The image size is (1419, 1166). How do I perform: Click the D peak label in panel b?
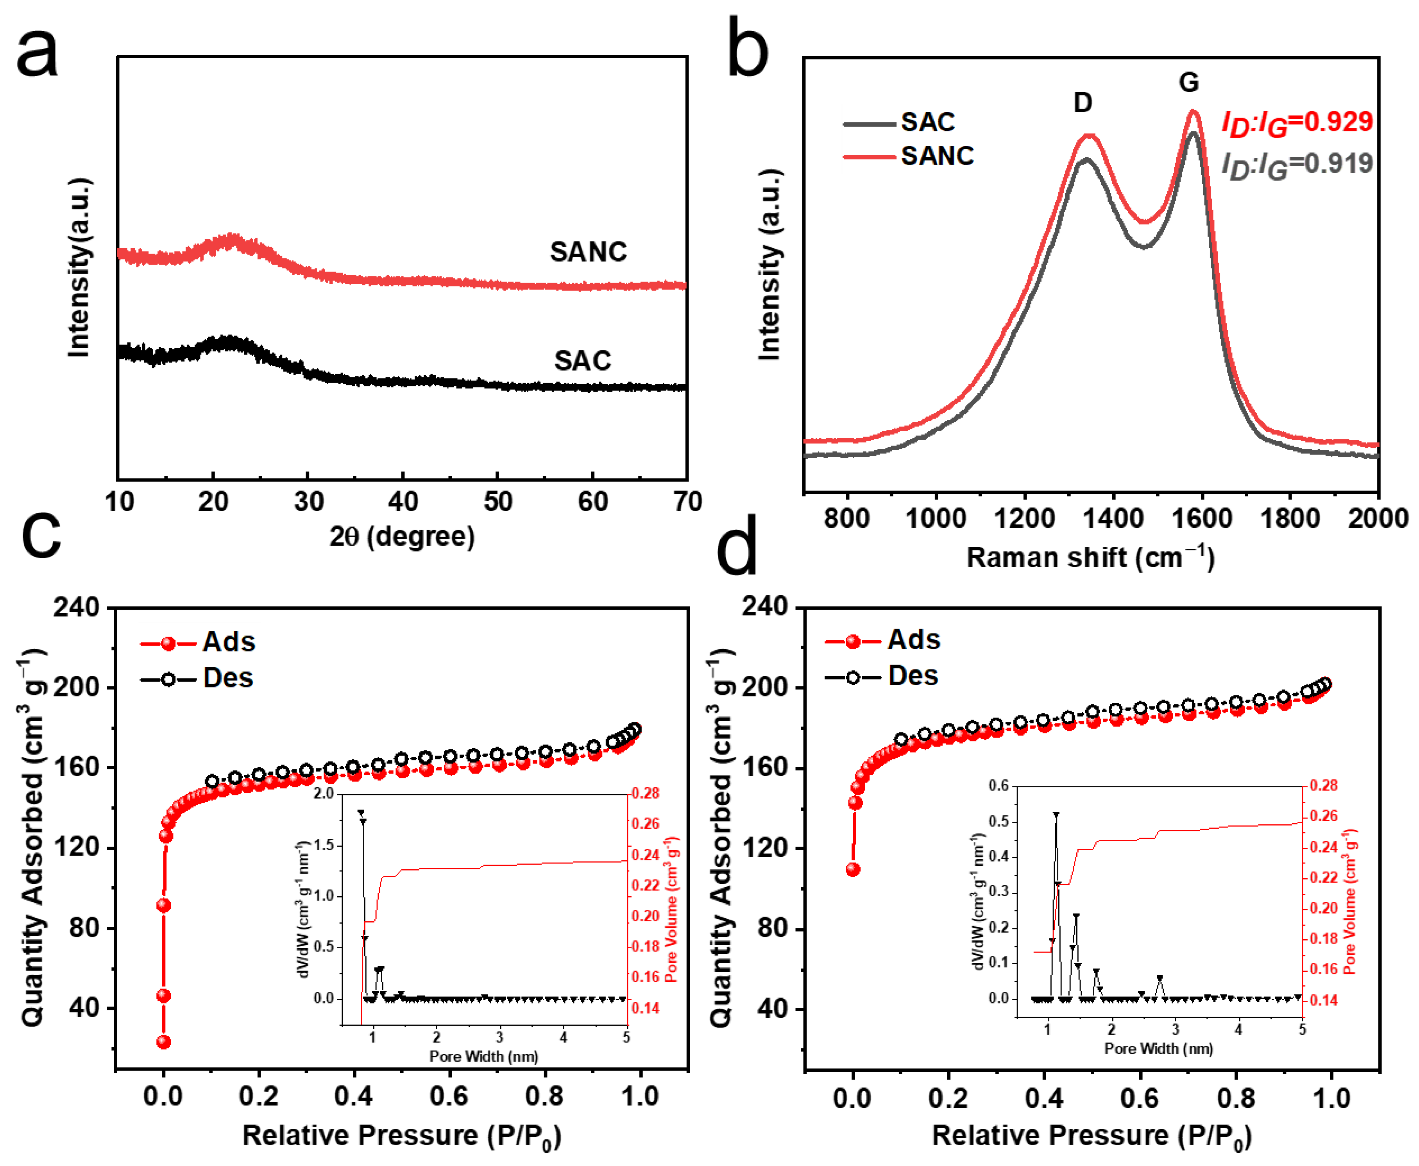pyautogui.click(x=1083, y=103)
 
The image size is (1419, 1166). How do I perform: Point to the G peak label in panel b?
pyautogui.click(x=1189, y=82)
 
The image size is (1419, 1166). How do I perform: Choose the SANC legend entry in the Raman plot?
pyautogui.click(x=937, y=156)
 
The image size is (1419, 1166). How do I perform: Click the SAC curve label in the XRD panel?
pyautogui.click(x=582, y=361)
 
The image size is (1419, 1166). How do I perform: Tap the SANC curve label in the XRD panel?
pyautogui.click(x=588, y=252)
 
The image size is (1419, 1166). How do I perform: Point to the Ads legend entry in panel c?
pyautogui.click(x=228, y=643)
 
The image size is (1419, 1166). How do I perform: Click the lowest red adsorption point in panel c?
pyautogui.click(x=163, y=1042)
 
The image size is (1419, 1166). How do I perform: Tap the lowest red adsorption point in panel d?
pyautogui.click(x=853, y=870)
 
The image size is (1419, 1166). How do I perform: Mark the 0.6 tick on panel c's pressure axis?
pyautogui.click(x=449, y=1096)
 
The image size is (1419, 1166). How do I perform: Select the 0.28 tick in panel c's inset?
pyautogui.click(x=645, y=794)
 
